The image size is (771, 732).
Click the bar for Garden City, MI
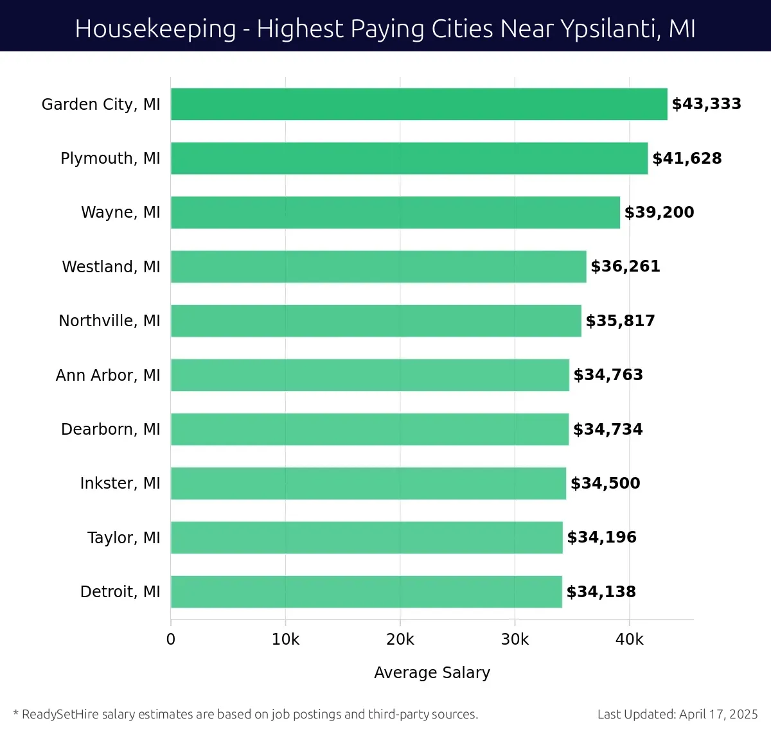click(419, 104)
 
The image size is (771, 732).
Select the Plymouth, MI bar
click(409, 158)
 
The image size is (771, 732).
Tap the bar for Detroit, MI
click(366, 591)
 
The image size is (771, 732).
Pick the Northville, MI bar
click(376, 320)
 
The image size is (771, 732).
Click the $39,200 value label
click(659, 213)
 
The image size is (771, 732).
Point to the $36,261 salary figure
click(625, 266)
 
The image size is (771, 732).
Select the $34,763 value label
click(608, 375)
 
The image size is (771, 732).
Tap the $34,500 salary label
click(605, 484)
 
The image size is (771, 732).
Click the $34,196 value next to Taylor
click(601, 537)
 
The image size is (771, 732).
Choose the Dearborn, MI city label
click(111, 429)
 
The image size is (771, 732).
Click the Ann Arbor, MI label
click(108, 375)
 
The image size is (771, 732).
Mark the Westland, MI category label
click(111, 266)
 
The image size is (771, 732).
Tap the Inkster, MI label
click(120, 484)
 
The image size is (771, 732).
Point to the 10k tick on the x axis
click(285, 640)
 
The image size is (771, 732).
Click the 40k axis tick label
click(629, 640)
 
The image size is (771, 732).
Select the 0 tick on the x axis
click(171, 640)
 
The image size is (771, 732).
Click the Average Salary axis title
click(432, 672)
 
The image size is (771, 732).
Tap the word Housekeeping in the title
click(155, 29)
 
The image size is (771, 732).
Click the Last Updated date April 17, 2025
click(718, 714)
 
